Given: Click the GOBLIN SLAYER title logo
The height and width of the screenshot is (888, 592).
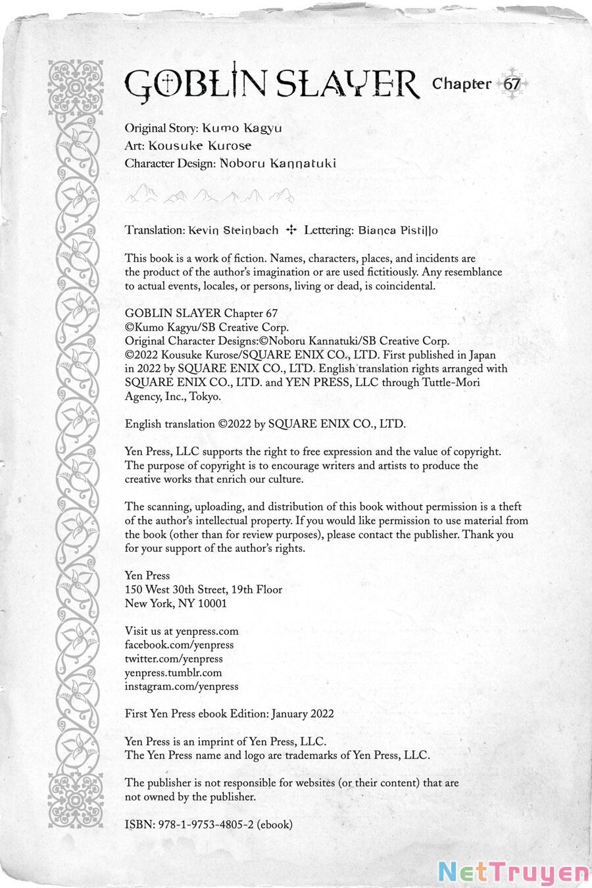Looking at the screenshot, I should [x=271, y=84].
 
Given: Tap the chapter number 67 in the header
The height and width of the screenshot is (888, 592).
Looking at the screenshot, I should [x=512, y=84].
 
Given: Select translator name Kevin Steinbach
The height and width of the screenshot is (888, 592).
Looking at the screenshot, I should [x=234, y=230].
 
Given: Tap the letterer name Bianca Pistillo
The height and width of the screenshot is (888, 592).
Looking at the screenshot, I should [x=398, y=230].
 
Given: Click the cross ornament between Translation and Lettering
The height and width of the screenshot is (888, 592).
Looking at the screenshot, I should [x=291, y=230].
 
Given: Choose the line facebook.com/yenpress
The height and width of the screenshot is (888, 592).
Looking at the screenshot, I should [x=179, y=645].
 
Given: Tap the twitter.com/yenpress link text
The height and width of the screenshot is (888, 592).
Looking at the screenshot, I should [x=174, y=659].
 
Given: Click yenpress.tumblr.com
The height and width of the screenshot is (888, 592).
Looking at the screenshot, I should [x=173, y=673].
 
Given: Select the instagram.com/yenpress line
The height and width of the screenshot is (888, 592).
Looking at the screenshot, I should [x=182, y=687].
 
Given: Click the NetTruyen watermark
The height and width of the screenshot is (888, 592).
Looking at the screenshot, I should [x=514, y=872].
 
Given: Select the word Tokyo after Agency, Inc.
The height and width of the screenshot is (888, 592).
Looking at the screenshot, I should [x=205, y=397].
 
